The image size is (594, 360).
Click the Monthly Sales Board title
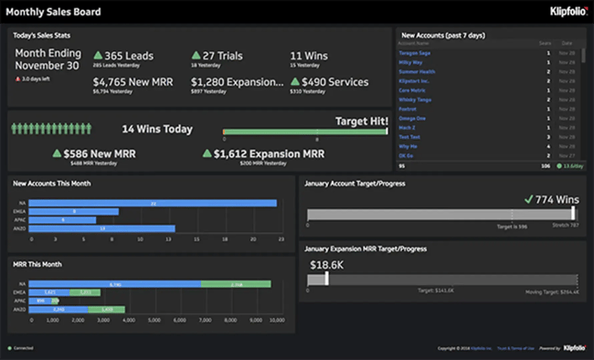[x=54, y=13]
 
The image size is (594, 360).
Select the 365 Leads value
[x=131, y=55]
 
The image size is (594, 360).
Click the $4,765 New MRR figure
[x=133, y=81]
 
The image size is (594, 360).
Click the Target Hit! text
[x=362, y=121]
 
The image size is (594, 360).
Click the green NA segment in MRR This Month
[x=235, y=284]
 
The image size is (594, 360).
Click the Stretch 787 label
[x=566, y=224]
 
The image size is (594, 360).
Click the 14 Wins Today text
[x=157, y=129]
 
